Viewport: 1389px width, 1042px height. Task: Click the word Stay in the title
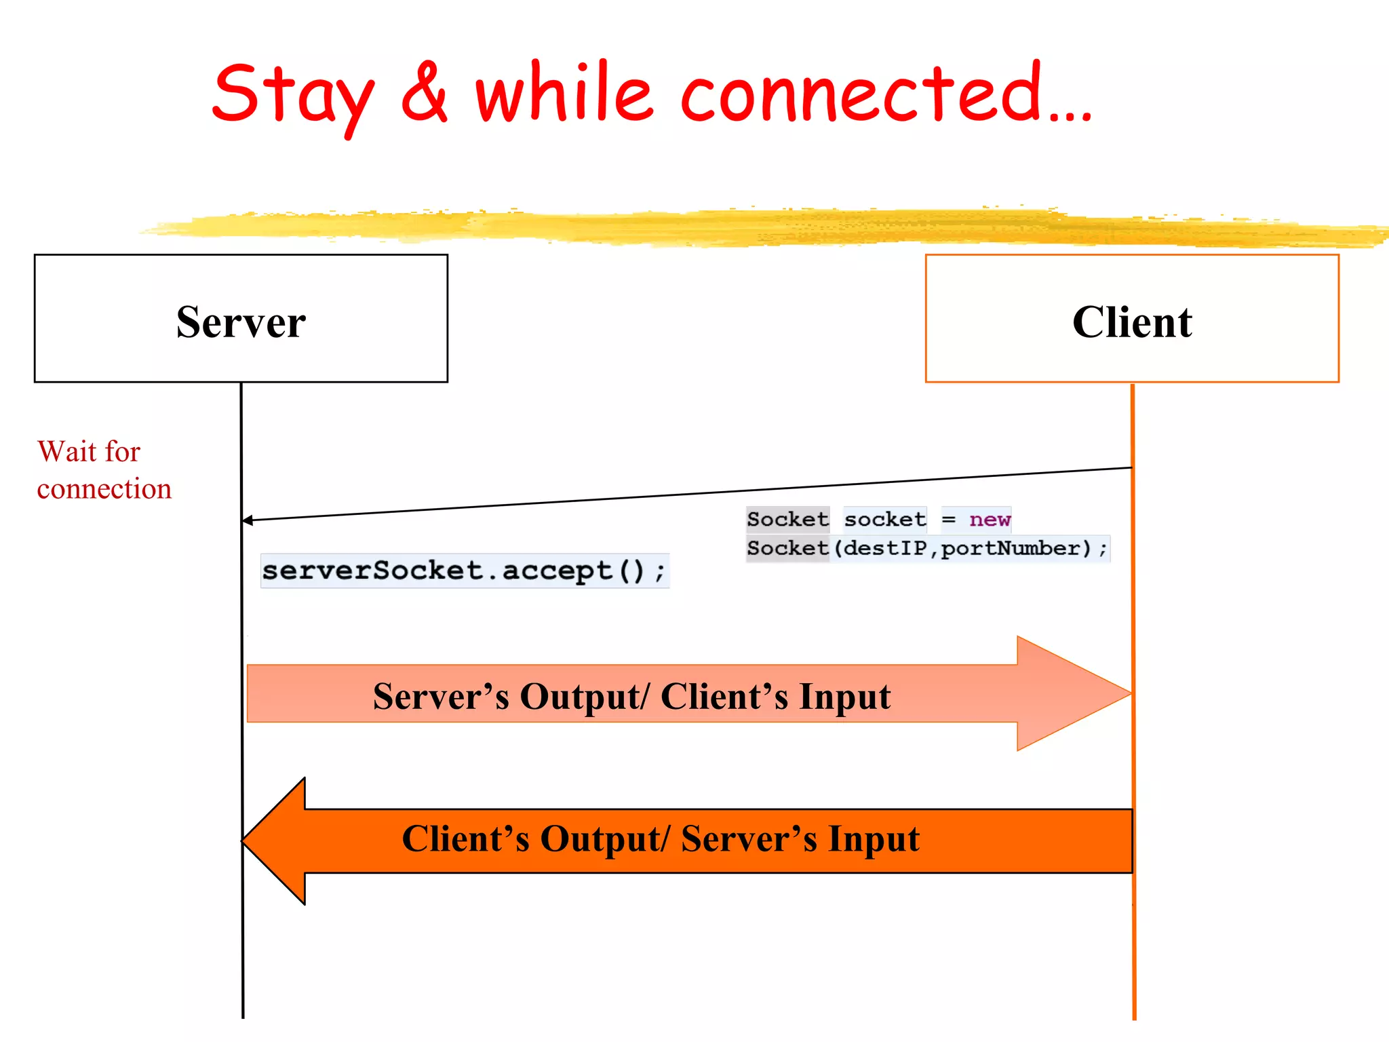click(x=293, y=95)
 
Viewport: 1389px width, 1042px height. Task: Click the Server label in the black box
click(x=241, y=322)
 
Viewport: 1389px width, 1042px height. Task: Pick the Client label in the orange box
click(x=1132, y=322)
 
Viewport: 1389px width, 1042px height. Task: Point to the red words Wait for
click(x=89, y=452)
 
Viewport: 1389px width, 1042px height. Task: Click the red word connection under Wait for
click(x=104, y=489)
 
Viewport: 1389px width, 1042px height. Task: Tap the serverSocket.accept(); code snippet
click(x=464, y=571)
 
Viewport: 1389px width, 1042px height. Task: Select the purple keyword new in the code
click(x=990, y=520)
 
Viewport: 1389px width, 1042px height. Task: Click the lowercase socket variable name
click(x=884, y=520)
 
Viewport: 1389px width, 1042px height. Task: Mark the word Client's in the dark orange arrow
click(x=465, y=839)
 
